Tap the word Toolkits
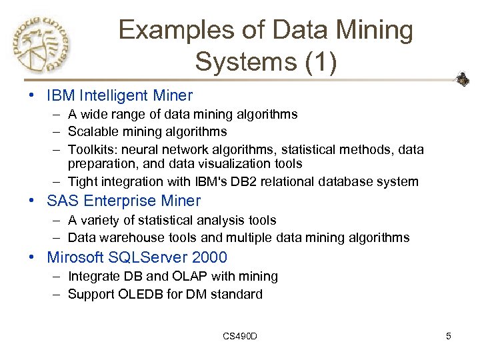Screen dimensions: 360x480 pyautogui.click(x=93, y=149)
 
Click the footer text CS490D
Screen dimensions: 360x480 pyautogui.click(x=240, y=336)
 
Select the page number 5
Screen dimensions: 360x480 pyautogui.click(x=449, y=336)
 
